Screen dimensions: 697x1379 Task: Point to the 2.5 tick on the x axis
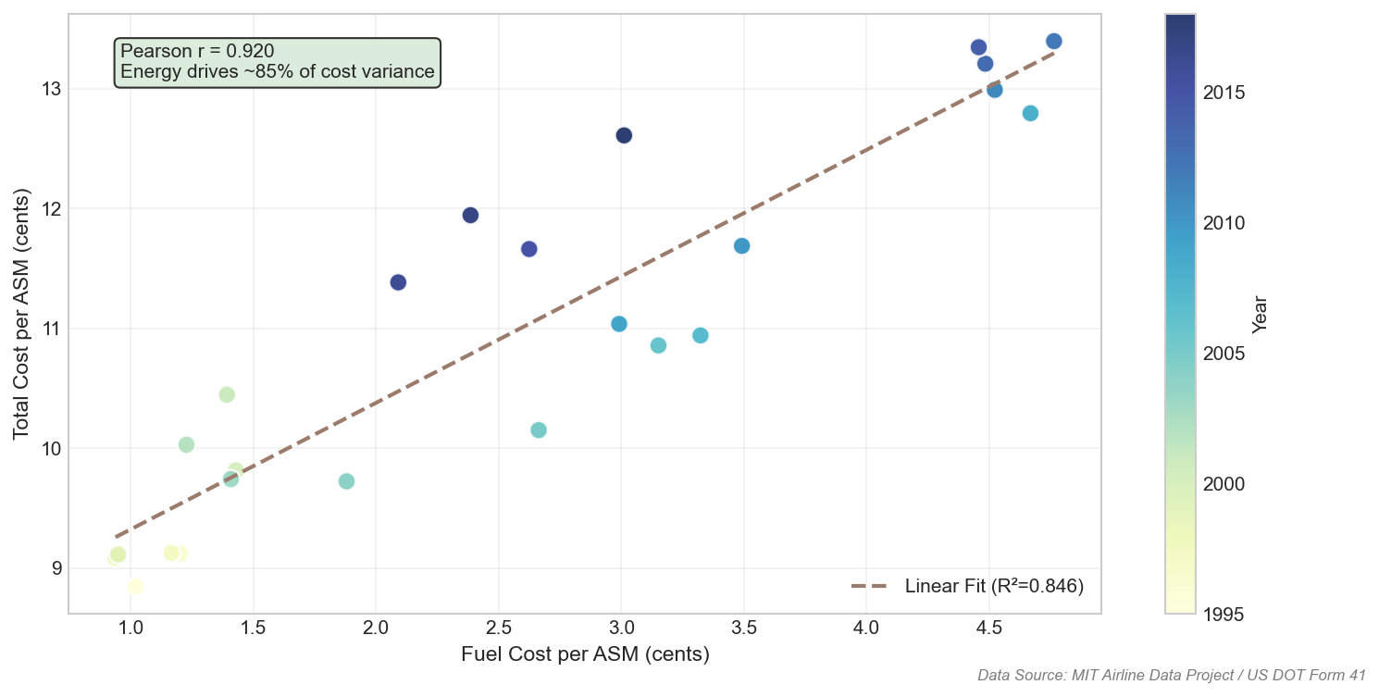pyautogui.click(x=498, y=627)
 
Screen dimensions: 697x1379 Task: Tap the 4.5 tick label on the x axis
pyautogui.click(x=988, y=627)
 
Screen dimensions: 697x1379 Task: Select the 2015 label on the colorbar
pyautogui.click(x=1223, y=93)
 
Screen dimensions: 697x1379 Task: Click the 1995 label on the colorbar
pyautogui.click(x=1223, y=615)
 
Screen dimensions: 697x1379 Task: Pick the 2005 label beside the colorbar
pyautogui.click(x=1223, y=354)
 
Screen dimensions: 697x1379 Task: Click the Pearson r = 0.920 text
pyautogui.click(x=197, y=51)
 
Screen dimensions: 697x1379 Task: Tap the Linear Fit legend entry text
pyautogui.click(x=994, y=586)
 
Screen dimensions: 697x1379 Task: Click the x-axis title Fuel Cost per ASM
pyautogui.click(x=585, y=654)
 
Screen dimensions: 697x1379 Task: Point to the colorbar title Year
pyautogui.click(x=1259, y=314)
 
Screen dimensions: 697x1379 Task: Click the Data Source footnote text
pyautogui.click(x=1172, y=676)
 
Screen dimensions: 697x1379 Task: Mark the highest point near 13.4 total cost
pyautogui.click(x=1053, y=41)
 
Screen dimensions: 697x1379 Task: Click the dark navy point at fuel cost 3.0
pyautogui.click(x=624, y=135)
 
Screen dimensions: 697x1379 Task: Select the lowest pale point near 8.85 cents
pyautogui.click(x=135, y=586)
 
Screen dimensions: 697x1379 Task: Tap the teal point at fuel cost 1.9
pyautogui.click(x=347, y=481)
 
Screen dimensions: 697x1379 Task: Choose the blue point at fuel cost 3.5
pyautogui.click(x=741, y=245)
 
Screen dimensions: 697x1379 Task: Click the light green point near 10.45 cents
pyautogui.click(x=227, y=394)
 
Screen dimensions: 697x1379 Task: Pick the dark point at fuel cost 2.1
pyautogui.click(x=398, y=282)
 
